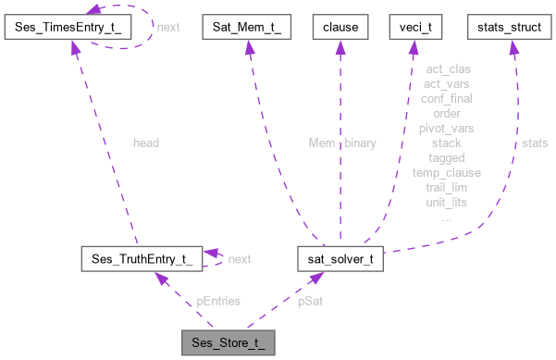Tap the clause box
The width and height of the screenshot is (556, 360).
340,28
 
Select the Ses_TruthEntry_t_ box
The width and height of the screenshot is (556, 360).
136,258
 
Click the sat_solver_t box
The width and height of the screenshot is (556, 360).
340,258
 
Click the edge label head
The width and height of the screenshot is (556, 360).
146,143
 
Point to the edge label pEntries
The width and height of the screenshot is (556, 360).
219,301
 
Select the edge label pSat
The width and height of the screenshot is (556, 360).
310,301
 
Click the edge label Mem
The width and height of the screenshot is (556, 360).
322,143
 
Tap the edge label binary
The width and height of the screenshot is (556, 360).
360,143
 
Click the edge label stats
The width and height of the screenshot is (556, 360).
534,143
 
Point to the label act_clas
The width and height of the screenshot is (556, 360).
447,69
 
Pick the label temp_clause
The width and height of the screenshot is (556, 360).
447,172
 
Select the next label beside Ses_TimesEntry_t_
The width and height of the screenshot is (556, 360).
168,28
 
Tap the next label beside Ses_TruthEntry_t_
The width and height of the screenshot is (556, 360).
240,258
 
